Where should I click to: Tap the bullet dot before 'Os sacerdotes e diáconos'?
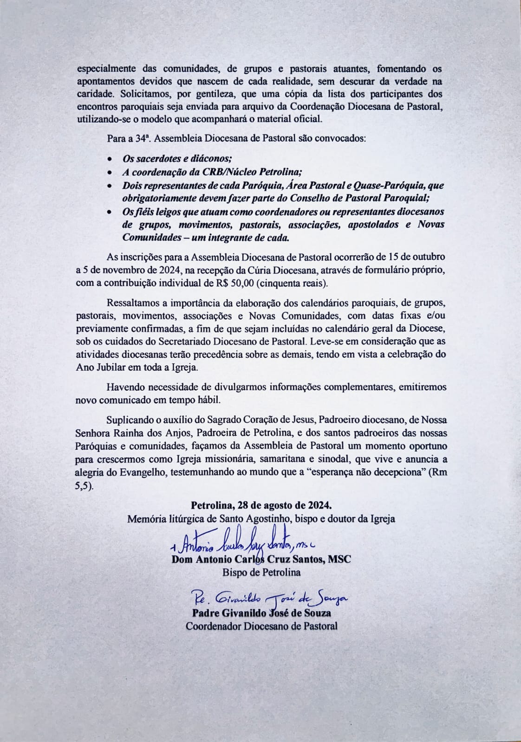pos(110,159)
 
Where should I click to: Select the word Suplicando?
pos(129,420)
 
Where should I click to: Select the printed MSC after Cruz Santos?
pos(339,559)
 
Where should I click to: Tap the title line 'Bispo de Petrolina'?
pos(261,572)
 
